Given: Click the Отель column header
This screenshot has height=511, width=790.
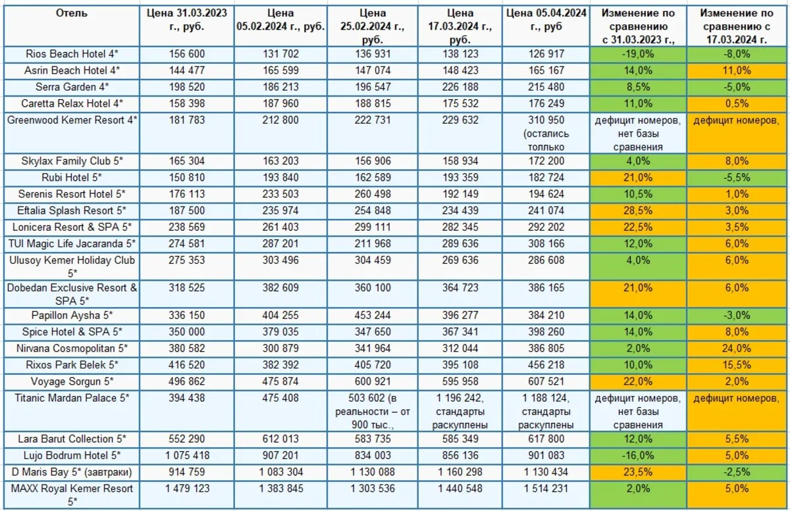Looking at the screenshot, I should pos(71,13).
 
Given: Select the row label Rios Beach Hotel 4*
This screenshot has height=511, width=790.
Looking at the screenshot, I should pos(72,55).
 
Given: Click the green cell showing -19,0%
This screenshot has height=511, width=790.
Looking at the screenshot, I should pos(636,55).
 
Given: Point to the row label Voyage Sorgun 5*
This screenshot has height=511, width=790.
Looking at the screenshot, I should pos(72,381).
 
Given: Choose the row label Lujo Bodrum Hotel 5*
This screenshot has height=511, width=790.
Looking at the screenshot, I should pos(72,455).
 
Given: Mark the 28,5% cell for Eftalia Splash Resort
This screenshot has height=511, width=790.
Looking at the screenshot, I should pos(636,211).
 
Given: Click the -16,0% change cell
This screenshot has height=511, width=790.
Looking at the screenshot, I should pos(636,455).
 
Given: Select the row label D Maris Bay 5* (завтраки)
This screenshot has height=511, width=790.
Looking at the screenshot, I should pos(72,472).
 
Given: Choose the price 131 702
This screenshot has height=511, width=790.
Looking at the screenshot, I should pos(279,55).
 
